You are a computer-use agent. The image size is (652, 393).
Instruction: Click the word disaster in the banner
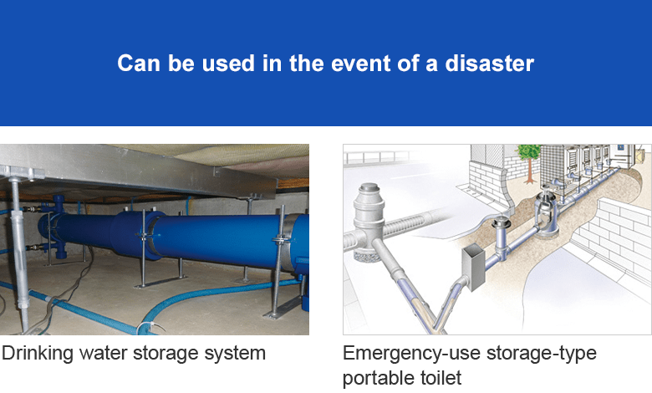pyautogui.click(x=489, y=64)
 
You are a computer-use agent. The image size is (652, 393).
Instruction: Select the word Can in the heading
pyautogui.click(x=139, y=64)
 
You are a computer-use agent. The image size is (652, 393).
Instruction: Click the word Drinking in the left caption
pyautogui.click(x=38, y=354)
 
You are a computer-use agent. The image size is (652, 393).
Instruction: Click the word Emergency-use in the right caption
pyautogui.click(x=411, y=354)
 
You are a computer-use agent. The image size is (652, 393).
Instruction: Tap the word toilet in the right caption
pyautogui.click(x=441, y=378)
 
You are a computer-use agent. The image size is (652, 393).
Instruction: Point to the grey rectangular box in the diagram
pyautogui.click(x=474, y=268)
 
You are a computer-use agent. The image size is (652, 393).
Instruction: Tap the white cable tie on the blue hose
pyautogui.click(x=143, y=327)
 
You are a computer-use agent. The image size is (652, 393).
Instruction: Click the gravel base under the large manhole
pyautogui.click(x=366, y=256)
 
